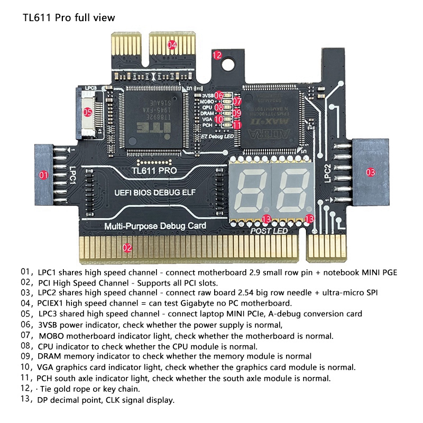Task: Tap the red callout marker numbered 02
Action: [127, 247]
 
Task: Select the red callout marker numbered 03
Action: [371, 171]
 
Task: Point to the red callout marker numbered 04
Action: [172, 45]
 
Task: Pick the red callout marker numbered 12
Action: [217, 54]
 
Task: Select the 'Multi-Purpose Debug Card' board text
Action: [155, 226]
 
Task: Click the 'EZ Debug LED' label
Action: [218, 136]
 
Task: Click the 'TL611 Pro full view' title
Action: [69, 17]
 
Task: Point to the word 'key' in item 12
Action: [114, 389]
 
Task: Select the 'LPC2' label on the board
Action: [327, 173]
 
